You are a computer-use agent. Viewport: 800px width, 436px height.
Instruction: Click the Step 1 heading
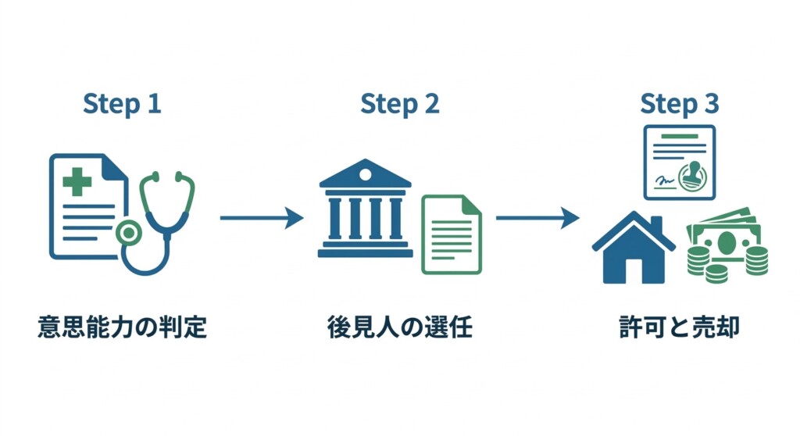[122, 104]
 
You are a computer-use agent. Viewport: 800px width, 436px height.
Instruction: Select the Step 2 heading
[399, 104]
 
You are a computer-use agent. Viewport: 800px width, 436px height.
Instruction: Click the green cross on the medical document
[77, 182]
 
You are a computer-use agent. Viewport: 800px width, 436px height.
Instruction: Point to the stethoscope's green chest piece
[127, 232]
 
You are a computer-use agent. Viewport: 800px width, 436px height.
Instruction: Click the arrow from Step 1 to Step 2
[261, 218]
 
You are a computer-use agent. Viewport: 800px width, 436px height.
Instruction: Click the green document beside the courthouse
[452, 234]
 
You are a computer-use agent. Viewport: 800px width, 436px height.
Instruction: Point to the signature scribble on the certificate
[665, 180]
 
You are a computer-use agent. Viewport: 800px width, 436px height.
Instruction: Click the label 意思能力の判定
[122, 326]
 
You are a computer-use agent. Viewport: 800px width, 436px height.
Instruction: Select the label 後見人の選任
[399, 326]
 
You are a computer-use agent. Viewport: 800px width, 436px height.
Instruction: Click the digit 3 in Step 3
[710, 104]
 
